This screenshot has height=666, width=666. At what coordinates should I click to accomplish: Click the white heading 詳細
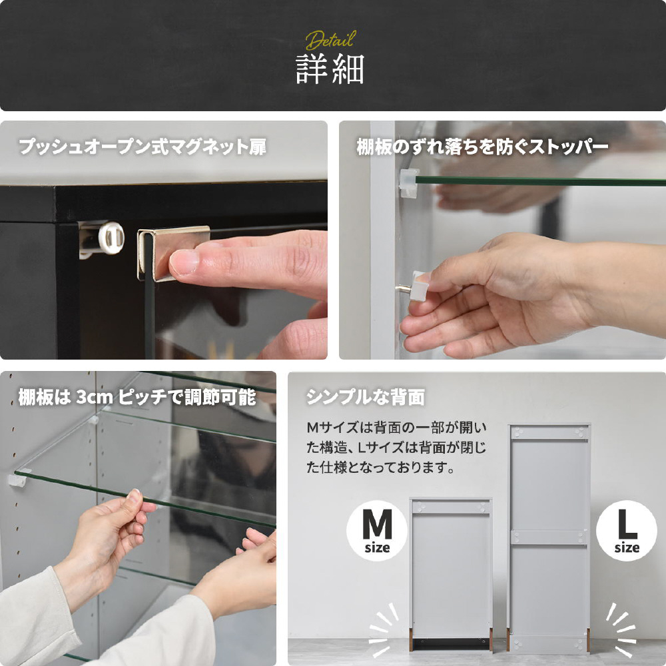click(x=330, y=69)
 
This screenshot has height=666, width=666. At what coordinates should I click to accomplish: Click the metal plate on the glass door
click(x=172, y=252)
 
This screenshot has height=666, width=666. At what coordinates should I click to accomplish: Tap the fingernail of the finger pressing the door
click(x=184, y=262)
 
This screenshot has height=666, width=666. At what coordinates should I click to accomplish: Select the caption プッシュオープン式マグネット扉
click(x=143, y=147)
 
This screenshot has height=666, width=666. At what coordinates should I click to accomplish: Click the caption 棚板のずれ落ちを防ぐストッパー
click(x=482, y=147)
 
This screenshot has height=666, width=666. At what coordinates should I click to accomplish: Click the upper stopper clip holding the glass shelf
click(x=408, y=182)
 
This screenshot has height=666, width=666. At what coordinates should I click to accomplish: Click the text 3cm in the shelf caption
click(x=95, y=398)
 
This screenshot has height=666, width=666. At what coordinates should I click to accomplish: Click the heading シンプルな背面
click(x=365, y=398)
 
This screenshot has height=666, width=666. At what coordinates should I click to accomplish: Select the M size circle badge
click(x=377, y=531)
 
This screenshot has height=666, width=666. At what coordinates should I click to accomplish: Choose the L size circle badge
click(x=627, y=531)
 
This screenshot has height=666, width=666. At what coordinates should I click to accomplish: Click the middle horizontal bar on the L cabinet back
click(x=549, y=537)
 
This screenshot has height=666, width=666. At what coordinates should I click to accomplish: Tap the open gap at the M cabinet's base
click(x=450, y=644)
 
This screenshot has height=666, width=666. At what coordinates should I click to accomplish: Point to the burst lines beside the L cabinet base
click(x=621, y=629)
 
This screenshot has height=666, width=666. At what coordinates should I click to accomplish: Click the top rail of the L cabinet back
click(x=549, y=432)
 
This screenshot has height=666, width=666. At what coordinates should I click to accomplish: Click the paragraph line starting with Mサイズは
click(x=397, y=428)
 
